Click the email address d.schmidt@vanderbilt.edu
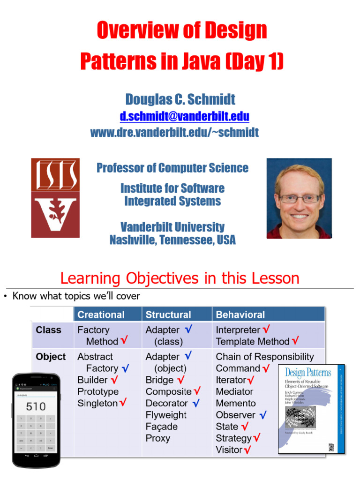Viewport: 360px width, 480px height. tap(184, 116)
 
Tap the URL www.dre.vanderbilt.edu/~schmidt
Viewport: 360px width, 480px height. tap(174, 133)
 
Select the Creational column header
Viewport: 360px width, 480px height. tap(101, 315)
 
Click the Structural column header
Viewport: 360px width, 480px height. tap(168, 315)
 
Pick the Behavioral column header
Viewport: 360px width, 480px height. tap(240, 315)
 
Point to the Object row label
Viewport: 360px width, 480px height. tap(51, 357)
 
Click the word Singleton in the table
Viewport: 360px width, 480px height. tap(97, 403)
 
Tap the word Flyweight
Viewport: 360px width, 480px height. tap(166, 415)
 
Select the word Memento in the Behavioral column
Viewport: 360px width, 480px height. tap(236, 403)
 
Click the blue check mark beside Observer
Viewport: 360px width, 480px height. tap(262, 415)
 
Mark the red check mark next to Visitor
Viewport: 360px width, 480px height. tap(247, 450)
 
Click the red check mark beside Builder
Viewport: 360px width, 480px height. tap(114, 380)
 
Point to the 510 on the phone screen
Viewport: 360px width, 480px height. tap(36, 406)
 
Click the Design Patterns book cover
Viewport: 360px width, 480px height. tap(311, 409)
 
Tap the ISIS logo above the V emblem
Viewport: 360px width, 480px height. tap(55, 174)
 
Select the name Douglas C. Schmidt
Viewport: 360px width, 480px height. tap(180, 99)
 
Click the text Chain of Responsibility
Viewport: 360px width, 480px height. tap(265, 357)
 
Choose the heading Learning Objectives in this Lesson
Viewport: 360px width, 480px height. tap(180, 278)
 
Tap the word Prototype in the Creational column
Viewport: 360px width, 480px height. tap(98, 391)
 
